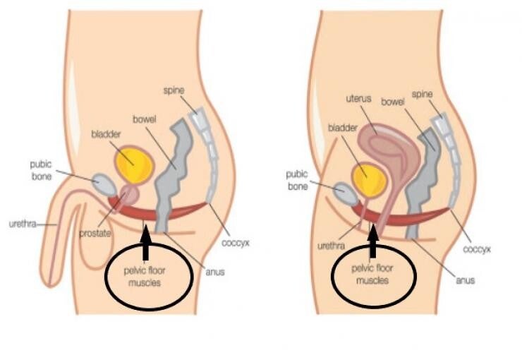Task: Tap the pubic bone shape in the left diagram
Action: [x=105, y=185]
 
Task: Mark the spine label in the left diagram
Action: [x=173, y=90]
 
